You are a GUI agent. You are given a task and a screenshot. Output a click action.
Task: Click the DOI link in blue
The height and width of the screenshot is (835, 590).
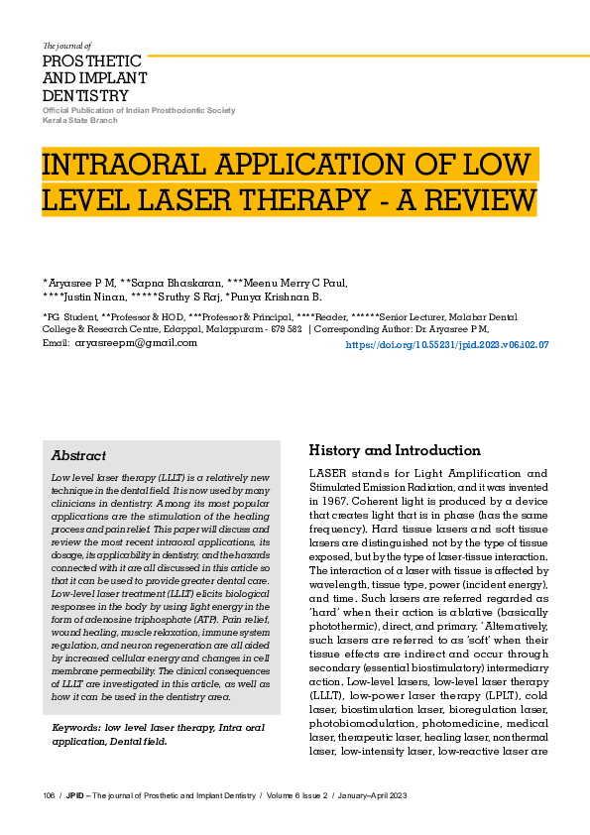(446, 345)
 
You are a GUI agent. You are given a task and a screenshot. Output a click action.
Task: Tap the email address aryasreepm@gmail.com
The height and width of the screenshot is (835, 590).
(136, 342)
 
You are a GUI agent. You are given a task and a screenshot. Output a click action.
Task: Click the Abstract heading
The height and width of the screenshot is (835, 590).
(78, 455)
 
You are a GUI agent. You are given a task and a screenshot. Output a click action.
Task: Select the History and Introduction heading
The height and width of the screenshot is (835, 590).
(395, 450)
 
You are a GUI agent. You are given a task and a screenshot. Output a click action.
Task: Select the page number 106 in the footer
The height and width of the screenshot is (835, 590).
(50, 796)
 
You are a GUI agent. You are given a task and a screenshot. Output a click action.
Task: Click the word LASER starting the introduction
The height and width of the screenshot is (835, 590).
(330, 473)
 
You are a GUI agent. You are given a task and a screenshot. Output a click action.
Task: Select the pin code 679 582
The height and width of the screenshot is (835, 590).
(284, 328)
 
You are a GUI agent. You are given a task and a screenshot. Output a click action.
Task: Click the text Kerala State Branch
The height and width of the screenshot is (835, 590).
(79, 120)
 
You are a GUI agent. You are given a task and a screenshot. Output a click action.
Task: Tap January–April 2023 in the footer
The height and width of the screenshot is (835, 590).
(369, 796)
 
